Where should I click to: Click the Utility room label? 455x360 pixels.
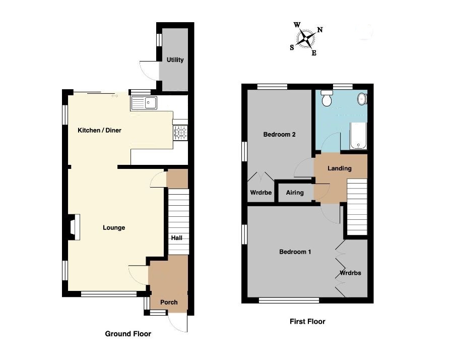(175, 60)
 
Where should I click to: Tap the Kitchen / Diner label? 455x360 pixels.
(99, 131)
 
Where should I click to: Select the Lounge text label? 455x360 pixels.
(114, 228)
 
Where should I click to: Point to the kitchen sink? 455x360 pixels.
(145, 103)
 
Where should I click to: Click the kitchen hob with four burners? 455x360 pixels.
(180, 133)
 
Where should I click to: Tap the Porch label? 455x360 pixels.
(169, 303)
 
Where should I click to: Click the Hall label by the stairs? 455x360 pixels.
(176, 237)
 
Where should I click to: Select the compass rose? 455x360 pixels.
(305, 38)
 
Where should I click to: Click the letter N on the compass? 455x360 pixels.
(320, 30)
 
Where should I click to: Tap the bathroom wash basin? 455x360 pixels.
(362, 99)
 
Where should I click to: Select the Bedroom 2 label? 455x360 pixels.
(279, 135)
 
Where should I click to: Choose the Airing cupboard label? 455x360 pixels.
(295, 193)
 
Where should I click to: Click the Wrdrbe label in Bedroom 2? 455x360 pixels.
(261, 193)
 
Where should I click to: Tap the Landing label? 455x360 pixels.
(339, 168)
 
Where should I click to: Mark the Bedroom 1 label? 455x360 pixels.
(295, 252)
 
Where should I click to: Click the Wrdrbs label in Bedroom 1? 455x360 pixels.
(350, 273)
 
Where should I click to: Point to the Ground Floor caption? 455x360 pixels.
(127, 334)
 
